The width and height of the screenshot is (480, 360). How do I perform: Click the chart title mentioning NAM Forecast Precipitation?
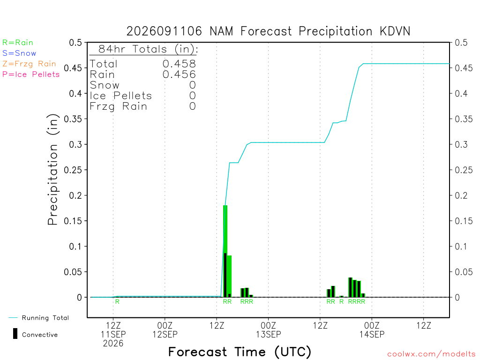[268, 31]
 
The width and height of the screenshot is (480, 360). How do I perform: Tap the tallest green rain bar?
[225, 251]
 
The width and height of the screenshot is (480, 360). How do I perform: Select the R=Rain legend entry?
[18, 43]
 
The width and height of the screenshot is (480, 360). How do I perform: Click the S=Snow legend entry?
[19, 53]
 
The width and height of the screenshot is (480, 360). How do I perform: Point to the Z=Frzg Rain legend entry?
[29, 64]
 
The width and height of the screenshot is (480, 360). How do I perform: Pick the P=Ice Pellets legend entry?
[31, 75]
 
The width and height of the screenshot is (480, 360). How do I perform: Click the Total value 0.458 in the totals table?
[180, 64]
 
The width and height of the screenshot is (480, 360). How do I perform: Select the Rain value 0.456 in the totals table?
[180, 75]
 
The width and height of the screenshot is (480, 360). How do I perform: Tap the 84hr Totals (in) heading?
[148, 49]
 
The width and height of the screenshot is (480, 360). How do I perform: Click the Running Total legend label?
[45, 318]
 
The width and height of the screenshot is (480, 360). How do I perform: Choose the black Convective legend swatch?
[15, 334]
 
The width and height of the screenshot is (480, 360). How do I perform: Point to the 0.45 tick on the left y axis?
[73, 67]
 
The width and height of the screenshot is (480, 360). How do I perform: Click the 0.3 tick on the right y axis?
[461, 144]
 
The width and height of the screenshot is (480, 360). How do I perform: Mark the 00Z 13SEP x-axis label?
[269, 330]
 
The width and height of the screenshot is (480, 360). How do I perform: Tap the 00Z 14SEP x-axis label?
[372, 330]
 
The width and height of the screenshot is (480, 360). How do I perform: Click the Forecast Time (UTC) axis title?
[240, 352]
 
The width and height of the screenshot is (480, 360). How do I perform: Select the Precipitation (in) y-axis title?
[52, 170]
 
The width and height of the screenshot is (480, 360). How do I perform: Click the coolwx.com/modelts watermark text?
[431, 354]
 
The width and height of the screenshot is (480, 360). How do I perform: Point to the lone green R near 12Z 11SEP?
[117, 301]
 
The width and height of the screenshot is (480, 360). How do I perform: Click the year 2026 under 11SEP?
[113, 344]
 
